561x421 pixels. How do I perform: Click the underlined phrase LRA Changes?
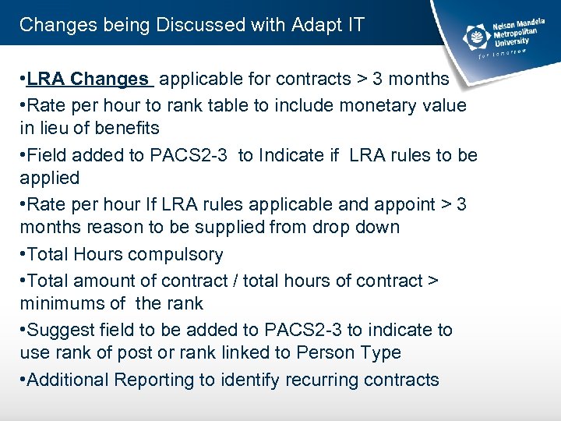pyautogui.click(x=87, y=79)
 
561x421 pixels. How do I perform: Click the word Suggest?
pyautogui.click(x=58, y=330)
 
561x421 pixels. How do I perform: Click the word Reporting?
pyautogui.click(x=153, y=380)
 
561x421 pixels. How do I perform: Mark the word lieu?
pyautogui.click(x=53, y=128)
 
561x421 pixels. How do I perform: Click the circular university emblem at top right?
pyautogui.click(x=474, y=35)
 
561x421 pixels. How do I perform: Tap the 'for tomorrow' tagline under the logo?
pyautogui.click(x=502, y=51)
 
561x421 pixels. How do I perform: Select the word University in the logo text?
pyautogui.click(x=512, y=42)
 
